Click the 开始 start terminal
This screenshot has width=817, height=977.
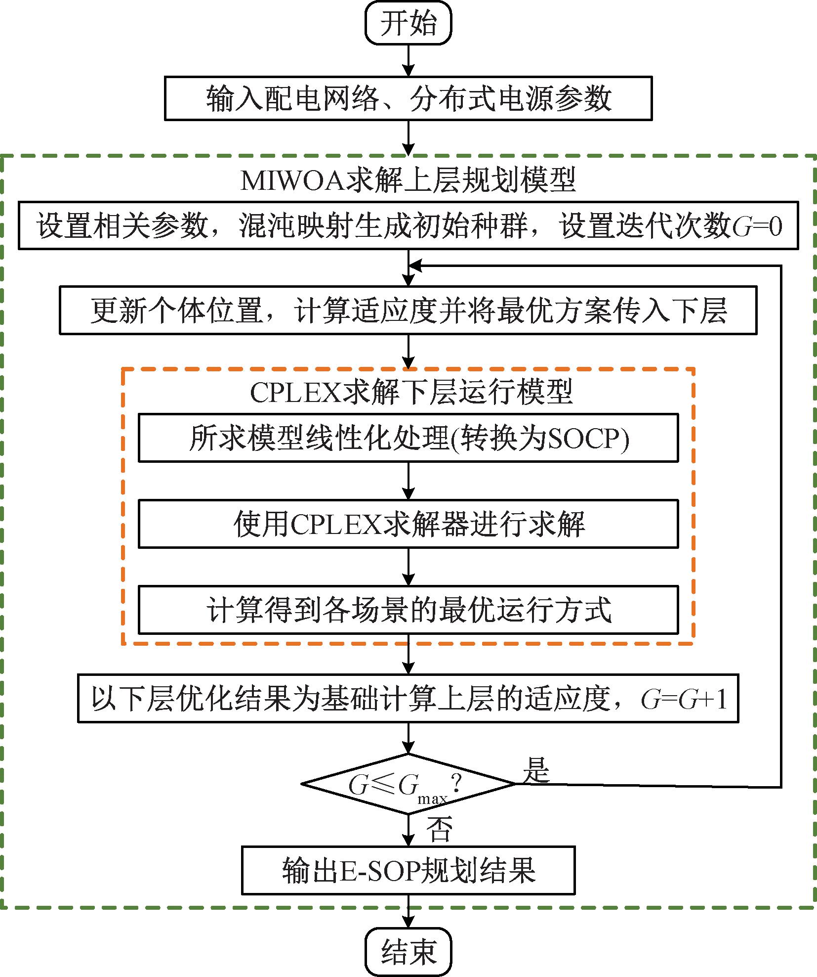408,24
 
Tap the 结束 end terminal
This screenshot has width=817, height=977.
408,950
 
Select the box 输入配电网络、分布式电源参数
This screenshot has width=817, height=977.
408,98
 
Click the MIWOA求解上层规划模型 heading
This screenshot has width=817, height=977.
408,180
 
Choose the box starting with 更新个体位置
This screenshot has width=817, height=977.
408,311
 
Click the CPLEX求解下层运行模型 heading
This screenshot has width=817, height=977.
411,392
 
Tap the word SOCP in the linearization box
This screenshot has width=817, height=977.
583,438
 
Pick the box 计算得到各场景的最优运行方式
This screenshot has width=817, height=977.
408,610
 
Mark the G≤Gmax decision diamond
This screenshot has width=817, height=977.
408,784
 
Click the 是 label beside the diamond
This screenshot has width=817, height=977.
536,769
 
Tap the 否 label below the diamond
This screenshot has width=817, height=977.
439,829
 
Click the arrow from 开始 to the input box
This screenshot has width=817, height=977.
408,60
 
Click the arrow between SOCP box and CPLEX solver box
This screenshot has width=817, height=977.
408,481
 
